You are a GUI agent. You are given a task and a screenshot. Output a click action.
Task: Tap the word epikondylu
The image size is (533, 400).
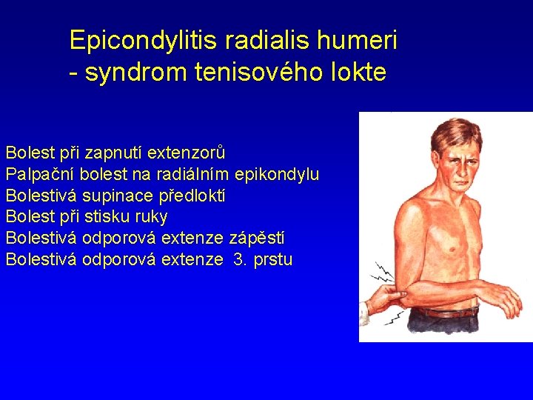[276, 175]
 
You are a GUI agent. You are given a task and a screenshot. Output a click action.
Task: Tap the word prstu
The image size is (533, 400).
[273, 260]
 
